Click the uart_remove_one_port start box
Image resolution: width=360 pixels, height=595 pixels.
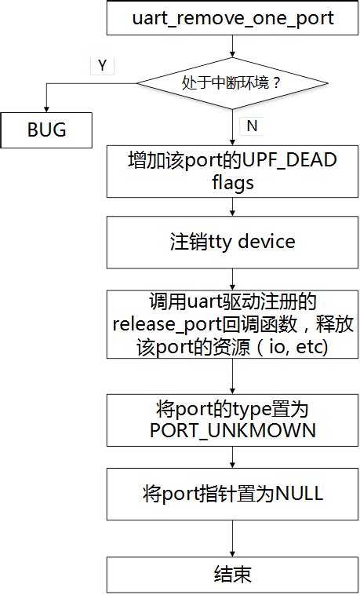point(232,19)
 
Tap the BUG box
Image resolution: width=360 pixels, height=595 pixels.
point(48,130)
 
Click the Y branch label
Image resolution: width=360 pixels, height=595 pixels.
point(102,66)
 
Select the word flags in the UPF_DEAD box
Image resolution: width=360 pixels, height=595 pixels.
point(232,183)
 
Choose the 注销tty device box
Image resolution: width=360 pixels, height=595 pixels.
point(232,241)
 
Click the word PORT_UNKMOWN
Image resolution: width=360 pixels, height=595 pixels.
point(232,430)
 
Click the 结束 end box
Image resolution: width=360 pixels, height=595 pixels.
point(232,574)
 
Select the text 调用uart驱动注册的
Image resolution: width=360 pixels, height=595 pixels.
point(232,302)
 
